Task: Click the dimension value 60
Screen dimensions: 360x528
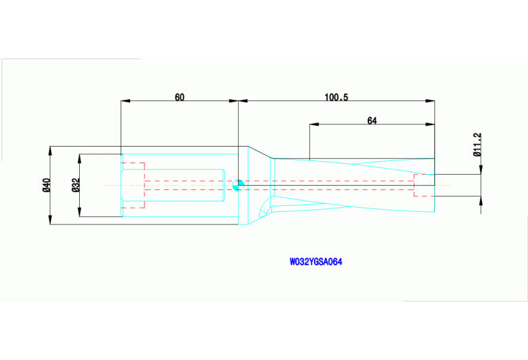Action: (x=179, y=97)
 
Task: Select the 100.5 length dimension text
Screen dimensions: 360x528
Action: (x=337, y=97)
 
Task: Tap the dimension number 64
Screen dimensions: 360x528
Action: (x=372, y=120)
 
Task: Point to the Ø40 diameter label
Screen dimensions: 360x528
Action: (x=46, y=184)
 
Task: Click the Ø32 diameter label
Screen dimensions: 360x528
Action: (x=76, y=184)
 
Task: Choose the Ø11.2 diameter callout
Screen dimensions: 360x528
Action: (x=477, y=145)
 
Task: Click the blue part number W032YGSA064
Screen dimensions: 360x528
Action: (x=316, y=262)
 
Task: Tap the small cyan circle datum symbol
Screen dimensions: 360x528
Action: (x=238, y=184)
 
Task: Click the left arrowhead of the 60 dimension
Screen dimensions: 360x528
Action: (x=125, y=101)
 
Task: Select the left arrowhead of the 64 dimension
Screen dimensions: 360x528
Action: (x=313, y=125)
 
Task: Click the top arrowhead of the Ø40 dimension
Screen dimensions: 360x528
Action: (x=52, y=149)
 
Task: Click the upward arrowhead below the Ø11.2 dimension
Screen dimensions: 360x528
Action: (x=480, y=199)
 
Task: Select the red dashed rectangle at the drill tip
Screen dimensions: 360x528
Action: (x=424, y=185)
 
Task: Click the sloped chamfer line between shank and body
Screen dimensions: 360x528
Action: (x=259, y=152)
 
